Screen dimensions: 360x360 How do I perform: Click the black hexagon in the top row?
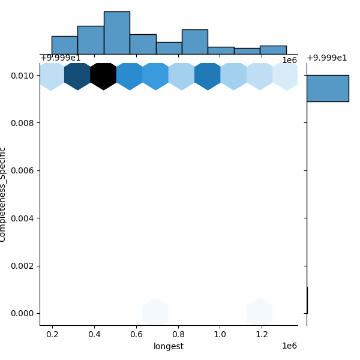point(104,76)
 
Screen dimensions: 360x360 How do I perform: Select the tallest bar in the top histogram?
point(116,33)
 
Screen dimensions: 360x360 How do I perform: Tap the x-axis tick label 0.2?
point(52,334)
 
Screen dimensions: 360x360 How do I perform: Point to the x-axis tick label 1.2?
point(262,334)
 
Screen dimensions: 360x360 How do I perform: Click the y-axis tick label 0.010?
point(22,76)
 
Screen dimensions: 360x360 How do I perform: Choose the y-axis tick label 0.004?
point(22,218)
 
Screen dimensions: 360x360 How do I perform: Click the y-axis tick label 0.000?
point(22,313)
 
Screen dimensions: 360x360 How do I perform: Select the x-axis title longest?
point(169,346)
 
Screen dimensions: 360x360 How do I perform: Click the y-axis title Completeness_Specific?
point(4,194)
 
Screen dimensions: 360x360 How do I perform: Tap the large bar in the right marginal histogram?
point(328,88)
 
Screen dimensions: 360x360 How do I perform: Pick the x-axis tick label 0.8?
point(178,334)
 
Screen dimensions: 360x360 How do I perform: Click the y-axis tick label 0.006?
point(22,170)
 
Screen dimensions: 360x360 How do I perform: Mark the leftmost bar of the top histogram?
point(64,45)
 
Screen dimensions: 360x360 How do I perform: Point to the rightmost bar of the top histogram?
point(273,50)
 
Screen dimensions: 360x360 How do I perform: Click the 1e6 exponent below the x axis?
point(289,346)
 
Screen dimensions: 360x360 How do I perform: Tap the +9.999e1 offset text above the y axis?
point(61,58)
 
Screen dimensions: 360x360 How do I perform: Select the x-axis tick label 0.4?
point(94,334)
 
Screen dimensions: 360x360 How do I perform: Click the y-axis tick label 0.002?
point(22,266)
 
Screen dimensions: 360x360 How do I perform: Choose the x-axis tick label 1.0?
point(220,334)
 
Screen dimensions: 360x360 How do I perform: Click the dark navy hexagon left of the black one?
point(77,76)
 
